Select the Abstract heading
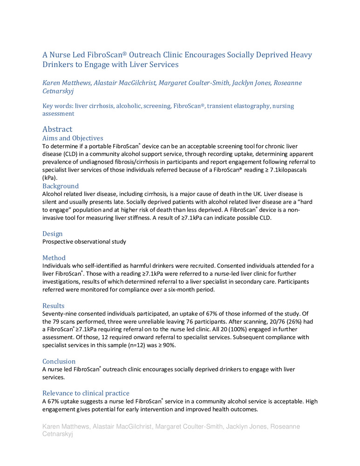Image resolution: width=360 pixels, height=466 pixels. pyautogui.click(x=57, y=129)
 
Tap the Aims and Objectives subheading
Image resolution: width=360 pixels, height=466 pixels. pyautogui.click(x=73, y=138)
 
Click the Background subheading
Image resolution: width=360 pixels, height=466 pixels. pyautogui.click(x=61, y=186)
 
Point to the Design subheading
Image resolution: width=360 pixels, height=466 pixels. pyautogui.click(x=53, y=233)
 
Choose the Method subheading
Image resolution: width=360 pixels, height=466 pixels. pyautogui.click(x=54, y=258)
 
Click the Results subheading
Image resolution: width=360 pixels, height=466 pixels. pyautogui.click(x=54, y=306)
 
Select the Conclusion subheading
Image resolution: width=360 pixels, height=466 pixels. pyautogui.click(x=59, y=361)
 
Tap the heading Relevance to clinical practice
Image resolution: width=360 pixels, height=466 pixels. pyautogui.click(x=86, y=393)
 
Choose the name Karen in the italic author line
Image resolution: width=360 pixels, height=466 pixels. pyautogui.click(x=52, y=83)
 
